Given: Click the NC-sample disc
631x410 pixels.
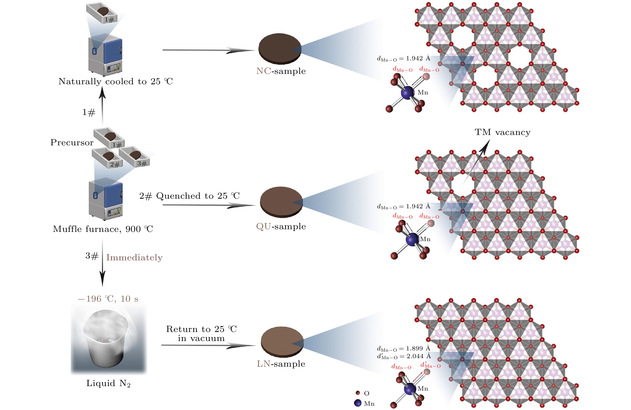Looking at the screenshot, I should (280, 48).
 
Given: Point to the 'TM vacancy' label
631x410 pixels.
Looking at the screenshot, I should (502, 132).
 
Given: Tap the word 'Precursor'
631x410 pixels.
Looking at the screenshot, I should (72, 143).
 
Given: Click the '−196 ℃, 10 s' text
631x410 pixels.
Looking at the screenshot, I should (108, 299).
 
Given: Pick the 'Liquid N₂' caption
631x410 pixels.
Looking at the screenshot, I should (108, 383).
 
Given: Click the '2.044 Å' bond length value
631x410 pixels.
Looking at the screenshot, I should (419, 356).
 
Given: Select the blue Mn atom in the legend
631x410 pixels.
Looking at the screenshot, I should (358, 403).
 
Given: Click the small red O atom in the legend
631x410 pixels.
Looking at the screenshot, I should (358, 393).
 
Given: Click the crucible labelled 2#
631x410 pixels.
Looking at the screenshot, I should (107, 159).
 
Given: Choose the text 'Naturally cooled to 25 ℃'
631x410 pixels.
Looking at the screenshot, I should (115, 81).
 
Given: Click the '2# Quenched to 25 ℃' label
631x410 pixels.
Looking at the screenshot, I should (190, 196).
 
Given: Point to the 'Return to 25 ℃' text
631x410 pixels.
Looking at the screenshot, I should (201, 329).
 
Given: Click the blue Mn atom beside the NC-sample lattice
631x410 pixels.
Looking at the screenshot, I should (408, 93).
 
